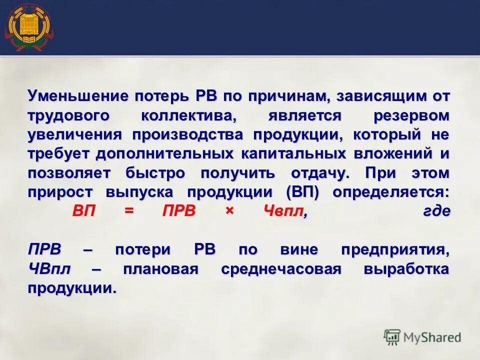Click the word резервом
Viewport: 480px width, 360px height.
(x=411, y=115)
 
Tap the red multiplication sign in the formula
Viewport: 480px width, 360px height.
(x=229, y=211)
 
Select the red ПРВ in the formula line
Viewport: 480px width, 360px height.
(x=179, y=211)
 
